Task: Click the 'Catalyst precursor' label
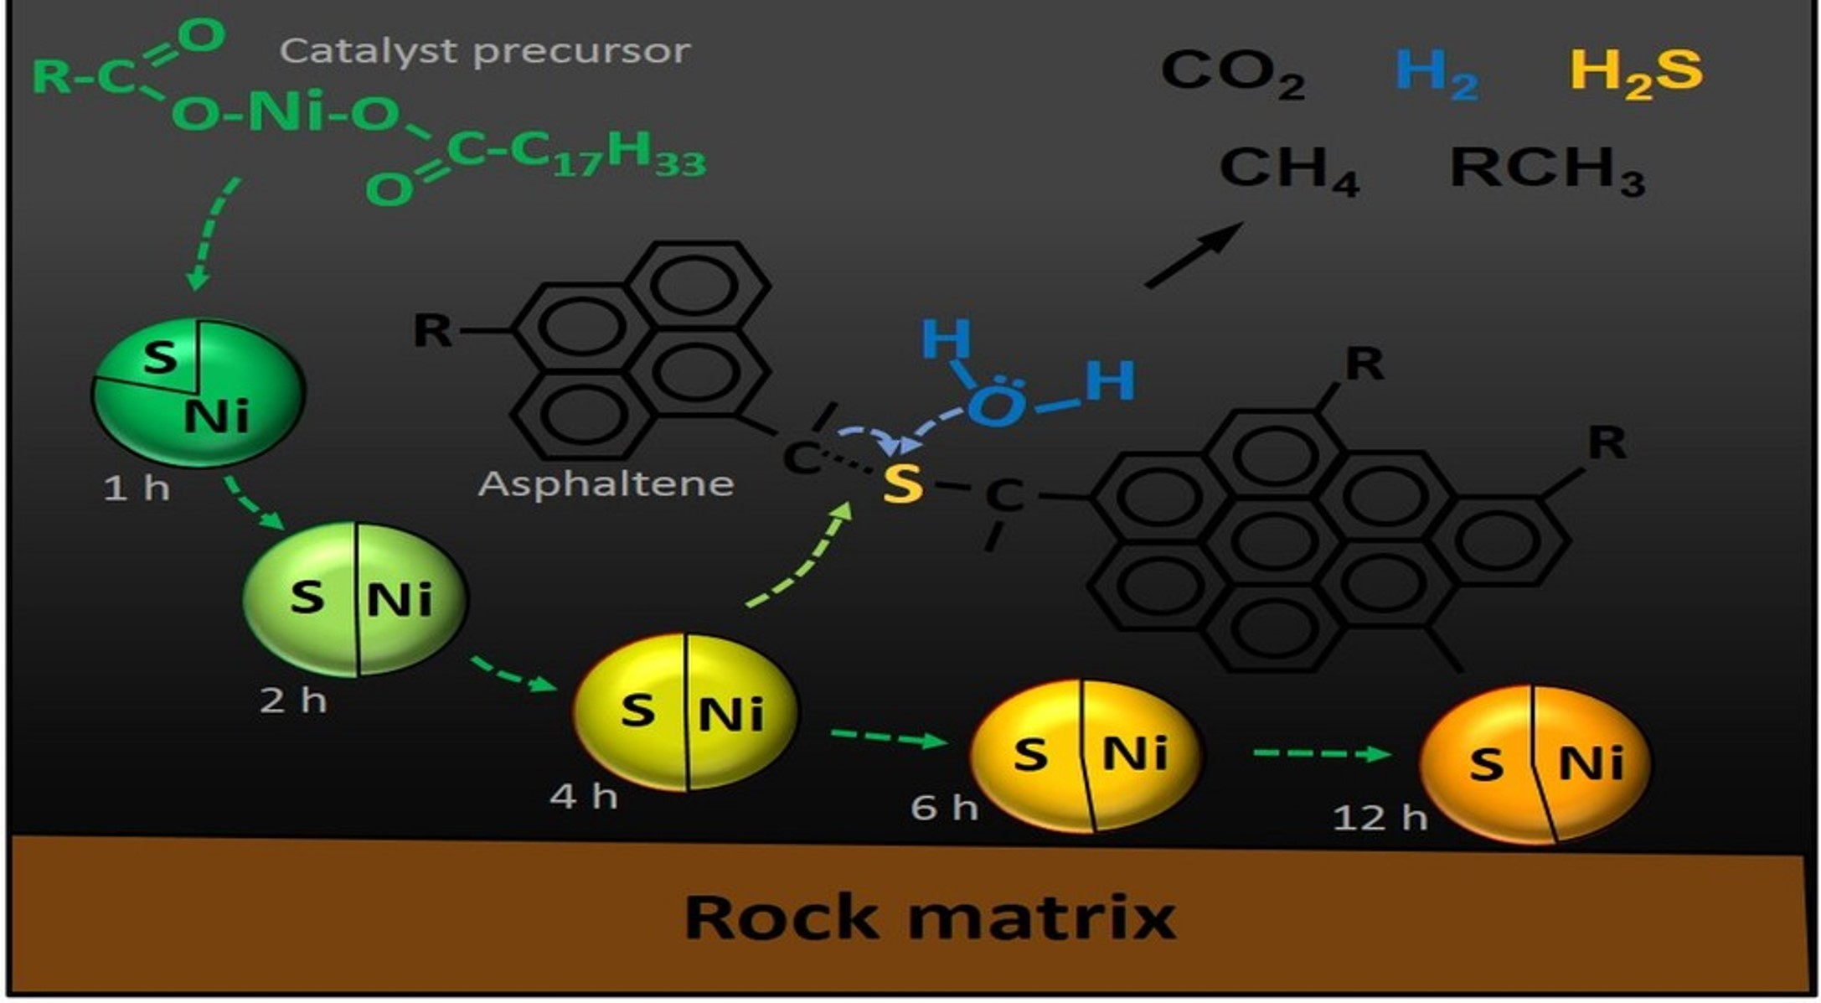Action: [485, 51]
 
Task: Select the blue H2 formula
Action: [1436, 73]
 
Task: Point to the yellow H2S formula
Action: [1635, 73]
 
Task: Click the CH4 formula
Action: [1288, 170]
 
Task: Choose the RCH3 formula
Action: [1546, 170]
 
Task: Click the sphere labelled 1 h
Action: [199, 391]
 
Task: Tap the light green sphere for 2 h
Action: [355, 598]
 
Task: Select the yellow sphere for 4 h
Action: [685, 711]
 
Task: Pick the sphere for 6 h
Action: [1086, 756]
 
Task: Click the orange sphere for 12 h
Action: [1535, 764]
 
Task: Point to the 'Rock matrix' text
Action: [930, 917]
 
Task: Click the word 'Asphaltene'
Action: [606, 483]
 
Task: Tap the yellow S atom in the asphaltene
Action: [903, 483]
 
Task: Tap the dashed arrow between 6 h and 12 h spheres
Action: [1322, 753]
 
